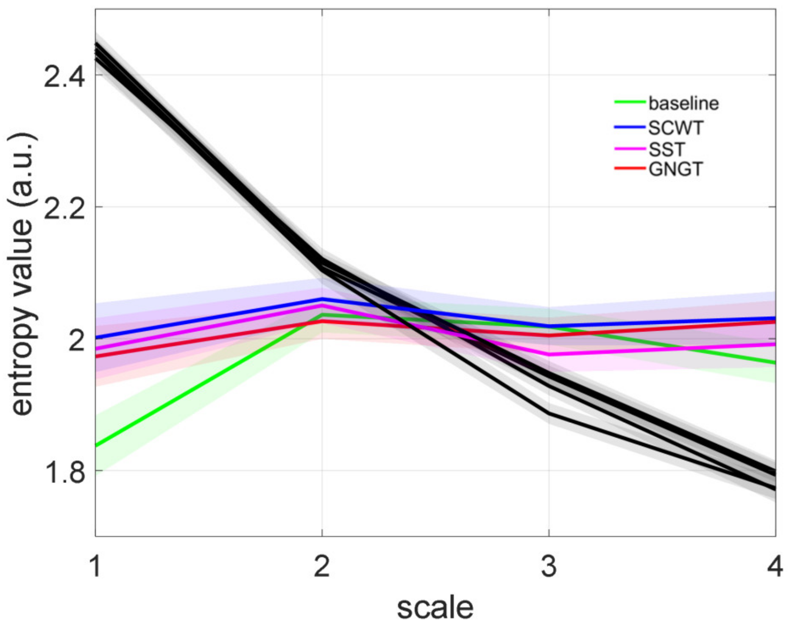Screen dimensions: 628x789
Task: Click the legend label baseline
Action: coord(683,103)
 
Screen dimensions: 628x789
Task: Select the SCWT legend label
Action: coord(676,128)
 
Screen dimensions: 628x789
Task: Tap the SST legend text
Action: coord(666,149)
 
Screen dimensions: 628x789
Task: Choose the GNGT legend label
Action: coord(675,169)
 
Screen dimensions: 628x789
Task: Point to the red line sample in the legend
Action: coord(630,169)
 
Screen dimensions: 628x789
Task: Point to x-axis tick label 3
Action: coord(549,566)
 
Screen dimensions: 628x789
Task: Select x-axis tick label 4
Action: coord(775,566)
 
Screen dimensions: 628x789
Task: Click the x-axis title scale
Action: coord(435,607)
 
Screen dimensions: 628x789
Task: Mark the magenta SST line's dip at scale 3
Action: coord(549,354)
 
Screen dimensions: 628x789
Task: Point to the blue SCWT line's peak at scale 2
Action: coord(322,299)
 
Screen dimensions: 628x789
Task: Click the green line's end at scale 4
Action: coord(775,363)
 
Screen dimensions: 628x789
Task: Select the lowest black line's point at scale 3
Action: coord(549,413)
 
